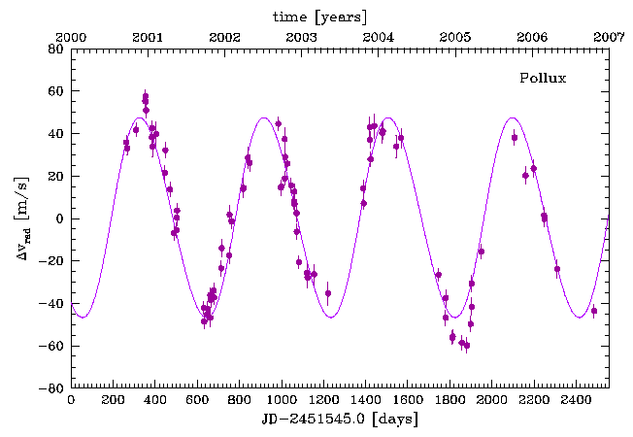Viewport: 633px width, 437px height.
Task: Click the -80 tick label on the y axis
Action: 51,388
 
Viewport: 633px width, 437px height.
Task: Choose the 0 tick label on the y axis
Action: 59,218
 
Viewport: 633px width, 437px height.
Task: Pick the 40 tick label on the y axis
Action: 55,133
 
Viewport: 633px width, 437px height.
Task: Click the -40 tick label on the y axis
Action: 51,304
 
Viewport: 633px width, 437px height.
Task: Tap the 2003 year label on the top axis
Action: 302,36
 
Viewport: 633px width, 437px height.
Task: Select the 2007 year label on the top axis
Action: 609,36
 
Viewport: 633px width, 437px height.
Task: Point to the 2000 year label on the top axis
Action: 72,36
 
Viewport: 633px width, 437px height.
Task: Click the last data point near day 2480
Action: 594,311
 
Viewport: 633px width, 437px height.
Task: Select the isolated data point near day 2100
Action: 515,138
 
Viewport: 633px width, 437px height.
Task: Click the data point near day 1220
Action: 328,293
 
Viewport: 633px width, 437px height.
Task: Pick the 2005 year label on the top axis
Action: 455,36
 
